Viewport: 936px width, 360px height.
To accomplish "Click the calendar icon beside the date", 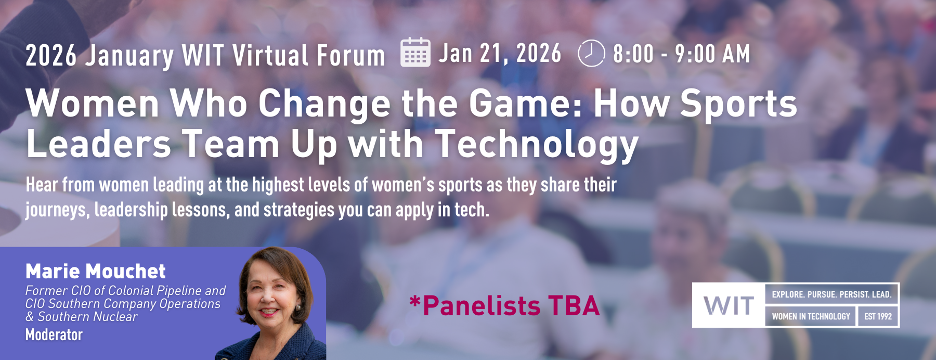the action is (415, 53).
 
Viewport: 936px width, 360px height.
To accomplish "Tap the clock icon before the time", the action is (591, 53).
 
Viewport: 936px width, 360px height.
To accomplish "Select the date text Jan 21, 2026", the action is (500, 54).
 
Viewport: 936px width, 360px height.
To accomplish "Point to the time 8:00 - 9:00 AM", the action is (682, 54).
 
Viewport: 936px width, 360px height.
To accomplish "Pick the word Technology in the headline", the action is (536, 145).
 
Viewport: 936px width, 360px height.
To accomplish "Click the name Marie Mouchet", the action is (96, 271).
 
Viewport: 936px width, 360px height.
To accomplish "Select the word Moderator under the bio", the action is (54, 335).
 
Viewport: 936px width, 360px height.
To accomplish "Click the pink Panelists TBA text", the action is (504, 305).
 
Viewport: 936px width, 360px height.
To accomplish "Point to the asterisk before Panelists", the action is (414, 301).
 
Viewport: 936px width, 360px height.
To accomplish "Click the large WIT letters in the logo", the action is (729, 305).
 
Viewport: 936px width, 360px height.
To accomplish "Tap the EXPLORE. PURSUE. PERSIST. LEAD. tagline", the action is (831, 294).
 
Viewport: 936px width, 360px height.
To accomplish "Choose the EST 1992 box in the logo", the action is (878, 316).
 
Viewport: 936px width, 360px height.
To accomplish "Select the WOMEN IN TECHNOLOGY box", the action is (811, 316).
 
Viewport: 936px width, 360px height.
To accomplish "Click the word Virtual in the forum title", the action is (270, 55).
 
